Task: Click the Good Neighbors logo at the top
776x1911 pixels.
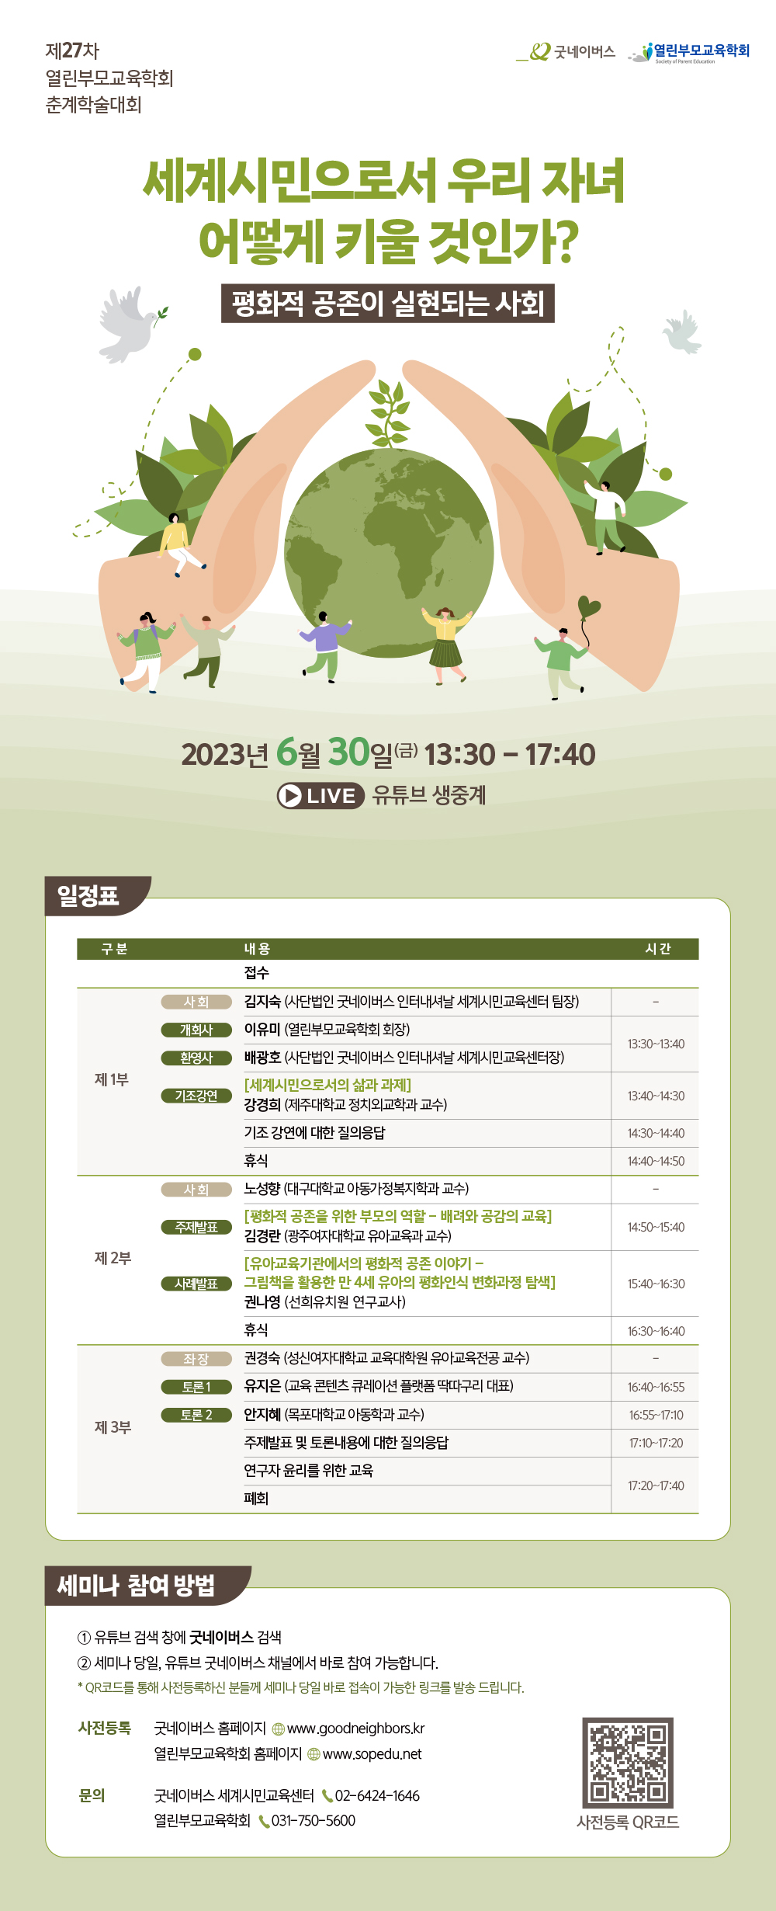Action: (566, 52)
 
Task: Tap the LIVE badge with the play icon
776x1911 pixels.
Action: (320, 796)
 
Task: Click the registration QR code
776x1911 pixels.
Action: (628, 1763)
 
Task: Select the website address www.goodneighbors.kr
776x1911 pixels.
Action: (356, 1729)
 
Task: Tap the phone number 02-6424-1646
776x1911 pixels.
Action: (377, 1796)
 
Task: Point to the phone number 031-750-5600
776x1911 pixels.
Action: (314, 1821)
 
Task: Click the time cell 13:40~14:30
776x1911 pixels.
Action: (656, 1096)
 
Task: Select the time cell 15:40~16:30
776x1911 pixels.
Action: (656, 1284)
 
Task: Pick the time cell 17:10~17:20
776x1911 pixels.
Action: (656, 1443)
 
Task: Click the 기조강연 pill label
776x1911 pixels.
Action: (196, 1096)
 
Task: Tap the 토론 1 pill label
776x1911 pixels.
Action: (196, 1387)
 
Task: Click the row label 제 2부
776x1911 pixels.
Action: (113, 1258)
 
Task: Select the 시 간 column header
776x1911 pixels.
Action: (658, 949)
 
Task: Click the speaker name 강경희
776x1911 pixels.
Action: (262, 1104)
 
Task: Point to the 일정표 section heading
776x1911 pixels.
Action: (88, 895)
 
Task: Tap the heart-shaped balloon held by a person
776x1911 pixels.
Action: (589, 606)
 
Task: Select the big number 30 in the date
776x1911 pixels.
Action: (349, 752)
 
